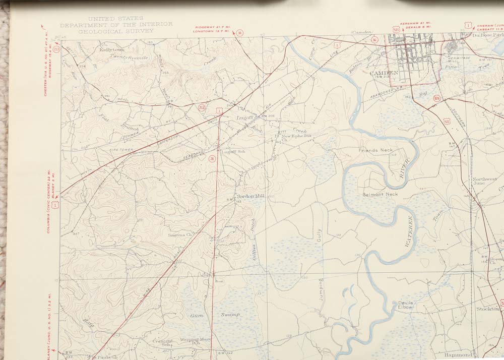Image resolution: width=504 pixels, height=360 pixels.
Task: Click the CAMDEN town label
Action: (385, 72)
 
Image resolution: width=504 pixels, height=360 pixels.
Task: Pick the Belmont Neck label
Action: (380, 194)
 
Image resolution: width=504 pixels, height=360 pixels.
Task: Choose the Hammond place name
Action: (458, 354)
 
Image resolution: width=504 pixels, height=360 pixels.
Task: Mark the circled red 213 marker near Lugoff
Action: (202, 107)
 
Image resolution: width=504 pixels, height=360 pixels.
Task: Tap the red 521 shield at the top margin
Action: (395, 29)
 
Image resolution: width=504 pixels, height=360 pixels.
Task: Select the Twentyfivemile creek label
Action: (129, 57)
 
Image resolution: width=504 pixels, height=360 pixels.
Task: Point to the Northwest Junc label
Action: (484, 182)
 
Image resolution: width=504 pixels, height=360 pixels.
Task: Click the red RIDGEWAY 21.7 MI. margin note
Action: (211, 27)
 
